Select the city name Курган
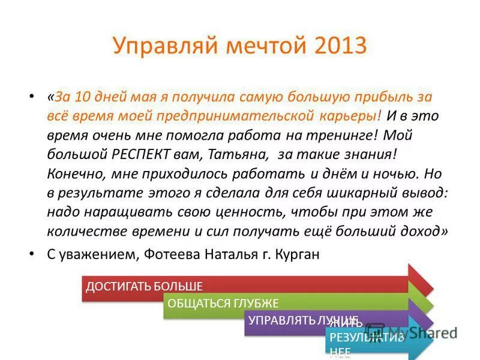point(298,254)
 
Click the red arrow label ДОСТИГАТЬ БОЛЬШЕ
point(144,286)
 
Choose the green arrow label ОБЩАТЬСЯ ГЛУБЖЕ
point(223,303)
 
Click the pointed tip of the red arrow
point(432,286)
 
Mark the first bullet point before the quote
point(32,97)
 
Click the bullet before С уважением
point(32,254)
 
